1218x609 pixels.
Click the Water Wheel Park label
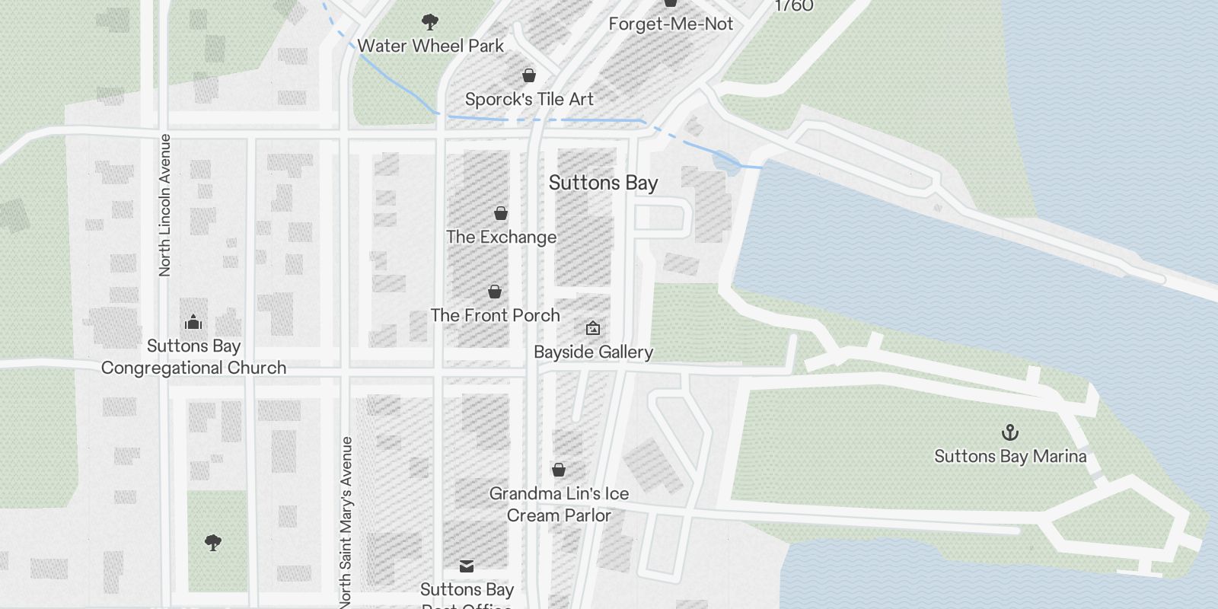[x=430, y=46]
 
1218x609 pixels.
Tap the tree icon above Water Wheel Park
[x=430, y=21]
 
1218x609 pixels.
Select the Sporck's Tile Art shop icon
[x=529, y=75]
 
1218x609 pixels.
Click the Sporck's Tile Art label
[x=529, y=99]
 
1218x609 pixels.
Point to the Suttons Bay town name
[x=603, y=183]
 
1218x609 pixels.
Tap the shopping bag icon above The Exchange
[x=501, y=213]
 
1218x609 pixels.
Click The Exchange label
[x=501, y=237]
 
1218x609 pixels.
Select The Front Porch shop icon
[x=495, y=292]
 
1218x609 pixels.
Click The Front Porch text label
[x=495, y=315]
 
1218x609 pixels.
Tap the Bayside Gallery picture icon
[x=593, y=328]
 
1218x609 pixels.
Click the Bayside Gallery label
[x=593, y=352]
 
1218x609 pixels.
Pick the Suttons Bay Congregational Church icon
[x=193, y=322]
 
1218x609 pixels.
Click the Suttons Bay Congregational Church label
[x=193, y=357]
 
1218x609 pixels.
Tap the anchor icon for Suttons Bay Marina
[x=1010, y=432]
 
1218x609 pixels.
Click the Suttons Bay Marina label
[x=1010, y=456]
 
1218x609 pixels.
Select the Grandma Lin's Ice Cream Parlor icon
[x=559, y=470]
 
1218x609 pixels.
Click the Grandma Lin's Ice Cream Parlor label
[x=559, y=504]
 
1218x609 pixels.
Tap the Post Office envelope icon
[x=467, y=566]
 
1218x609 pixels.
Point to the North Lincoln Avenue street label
[x=164, y=205]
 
